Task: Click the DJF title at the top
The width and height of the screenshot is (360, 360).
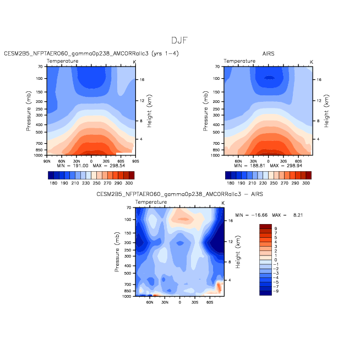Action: pos(179,40)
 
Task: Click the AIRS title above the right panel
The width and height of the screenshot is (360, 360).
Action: pos(268,54)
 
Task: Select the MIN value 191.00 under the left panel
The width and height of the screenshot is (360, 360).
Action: pos(80,166)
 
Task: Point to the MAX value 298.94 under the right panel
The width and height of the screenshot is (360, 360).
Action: pos(294,166)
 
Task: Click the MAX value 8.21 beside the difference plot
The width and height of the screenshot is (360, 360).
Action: pos(298,215)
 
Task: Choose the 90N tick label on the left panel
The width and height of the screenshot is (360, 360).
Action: pos(47,161)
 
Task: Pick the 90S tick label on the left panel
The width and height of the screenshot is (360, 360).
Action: pos(135,161)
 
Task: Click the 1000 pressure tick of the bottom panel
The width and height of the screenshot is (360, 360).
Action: pos(127,296)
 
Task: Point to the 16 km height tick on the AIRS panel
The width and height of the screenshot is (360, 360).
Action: pos(319,80)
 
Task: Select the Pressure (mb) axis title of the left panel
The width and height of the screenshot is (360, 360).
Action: pos(28,111)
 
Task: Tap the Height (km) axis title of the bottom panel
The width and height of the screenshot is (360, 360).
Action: pos(238,252)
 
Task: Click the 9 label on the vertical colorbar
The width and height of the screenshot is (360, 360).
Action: pos(276,228)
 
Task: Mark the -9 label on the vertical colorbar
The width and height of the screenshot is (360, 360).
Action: pos(276,291)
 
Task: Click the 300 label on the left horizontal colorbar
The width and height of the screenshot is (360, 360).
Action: pos(129,183)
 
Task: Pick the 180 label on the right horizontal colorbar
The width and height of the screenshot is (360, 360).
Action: pos(231,183)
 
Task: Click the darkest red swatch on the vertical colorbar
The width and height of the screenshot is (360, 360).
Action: pos(266,226)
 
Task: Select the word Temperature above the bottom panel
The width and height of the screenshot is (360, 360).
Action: pos(151,202)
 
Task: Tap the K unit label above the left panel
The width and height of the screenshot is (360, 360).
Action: pos(134,62)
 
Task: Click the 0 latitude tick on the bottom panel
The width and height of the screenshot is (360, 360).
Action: pos(180,302)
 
